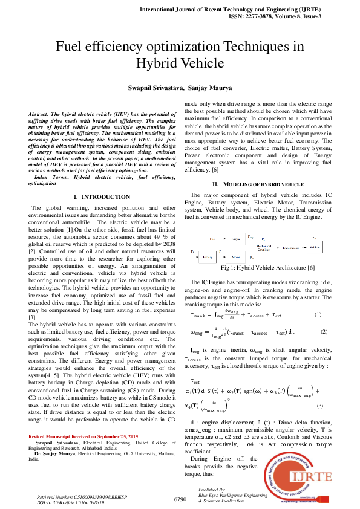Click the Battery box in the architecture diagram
208,257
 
